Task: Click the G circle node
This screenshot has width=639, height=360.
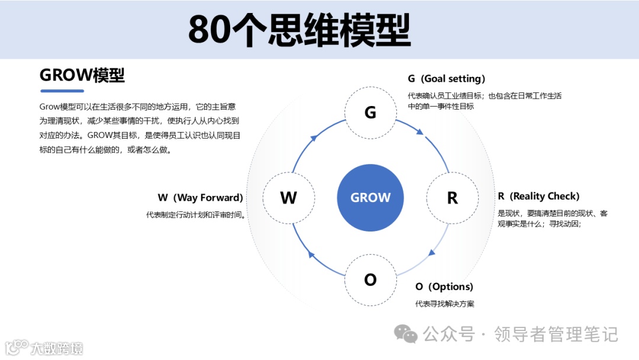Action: (x=370, y=112)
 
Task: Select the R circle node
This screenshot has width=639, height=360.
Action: (x=453, y=198)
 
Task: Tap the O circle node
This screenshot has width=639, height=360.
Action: (x=370, y=279)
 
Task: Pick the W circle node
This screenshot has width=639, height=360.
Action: (x=288, y=198)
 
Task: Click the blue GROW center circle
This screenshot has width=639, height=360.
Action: (x=370, y=198)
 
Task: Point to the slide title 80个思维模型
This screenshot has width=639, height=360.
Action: (x=299, y=30)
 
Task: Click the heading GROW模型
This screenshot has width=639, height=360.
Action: (x=82, y=75)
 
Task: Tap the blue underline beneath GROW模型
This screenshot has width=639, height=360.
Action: (x=62, y=91)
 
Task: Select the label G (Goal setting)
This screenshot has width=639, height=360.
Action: (x=446, y=79)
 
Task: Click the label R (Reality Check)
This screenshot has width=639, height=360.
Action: (x=538, y=196)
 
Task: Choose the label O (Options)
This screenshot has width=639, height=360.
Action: (x=444, y=287)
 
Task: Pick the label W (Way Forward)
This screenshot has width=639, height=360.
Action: (x=201, y=198)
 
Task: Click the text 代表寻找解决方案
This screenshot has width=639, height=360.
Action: (x=444, y=304)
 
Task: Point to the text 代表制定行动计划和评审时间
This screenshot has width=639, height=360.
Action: (x=196, y=215)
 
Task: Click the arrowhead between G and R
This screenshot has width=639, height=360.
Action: (x=421, y=132)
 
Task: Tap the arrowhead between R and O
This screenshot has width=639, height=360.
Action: (x=431, y=253)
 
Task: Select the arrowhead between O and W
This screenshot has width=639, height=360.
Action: (x=312, y=255)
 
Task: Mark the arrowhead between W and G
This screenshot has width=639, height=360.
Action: (x=313, y=139)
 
